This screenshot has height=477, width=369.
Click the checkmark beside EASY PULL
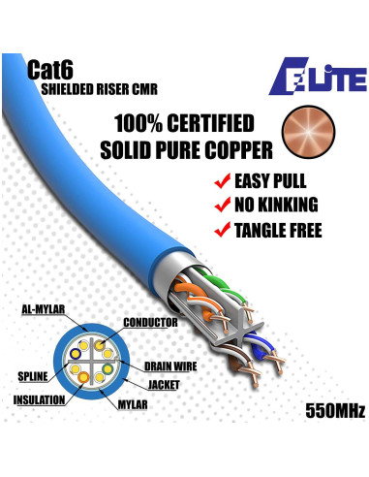point(222,181)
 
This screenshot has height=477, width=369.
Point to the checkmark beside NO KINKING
point(222,205)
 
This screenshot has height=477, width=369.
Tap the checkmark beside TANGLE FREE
point(222,230)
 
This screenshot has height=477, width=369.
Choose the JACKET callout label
point(169,384)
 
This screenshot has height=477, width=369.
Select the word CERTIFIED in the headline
point(206,124)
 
